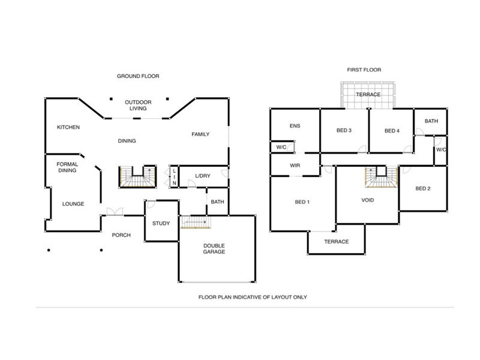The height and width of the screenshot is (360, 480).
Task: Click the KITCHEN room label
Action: click(68, 127)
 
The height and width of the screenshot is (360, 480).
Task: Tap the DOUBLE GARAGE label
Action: click(214, 248)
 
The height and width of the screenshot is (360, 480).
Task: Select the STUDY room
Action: click(161, 224)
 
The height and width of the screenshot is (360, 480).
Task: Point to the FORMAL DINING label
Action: click(67, 167)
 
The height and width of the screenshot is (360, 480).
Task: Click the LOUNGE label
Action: click(73, 204)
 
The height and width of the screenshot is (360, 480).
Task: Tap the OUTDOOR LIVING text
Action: click(138, 106)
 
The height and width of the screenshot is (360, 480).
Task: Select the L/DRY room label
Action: click(203, 176)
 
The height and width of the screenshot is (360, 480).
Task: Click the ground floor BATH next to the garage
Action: click(217, 202)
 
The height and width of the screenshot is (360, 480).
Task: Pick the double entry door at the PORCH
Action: click(114, 212)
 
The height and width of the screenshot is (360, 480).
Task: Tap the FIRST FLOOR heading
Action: click(364, 70)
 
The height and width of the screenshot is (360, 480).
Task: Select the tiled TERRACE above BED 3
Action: click(368, 95)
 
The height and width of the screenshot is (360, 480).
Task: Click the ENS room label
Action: click(295, 126)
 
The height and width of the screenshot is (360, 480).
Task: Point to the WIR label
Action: click(295, 165)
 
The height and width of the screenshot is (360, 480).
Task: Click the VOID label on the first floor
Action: click(368, 200)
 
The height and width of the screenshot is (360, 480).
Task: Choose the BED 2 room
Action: click(423, 188)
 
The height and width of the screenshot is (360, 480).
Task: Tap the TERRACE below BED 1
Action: click(336, 242)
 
